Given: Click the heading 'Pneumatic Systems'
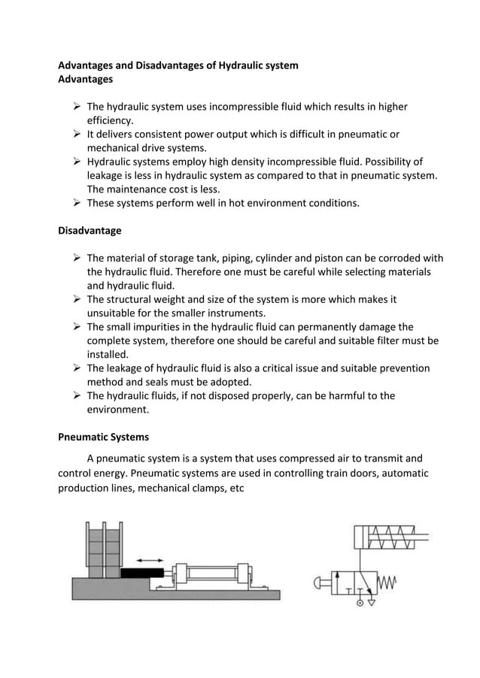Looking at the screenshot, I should pos(103,437).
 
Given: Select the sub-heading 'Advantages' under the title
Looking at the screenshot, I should pos(85,79).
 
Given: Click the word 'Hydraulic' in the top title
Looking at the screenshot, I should pos(240,65).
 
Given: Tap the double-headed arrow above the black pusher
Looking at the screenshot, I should pos(150,559).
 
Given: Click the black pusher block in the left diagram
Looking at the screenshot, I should pos(144,573).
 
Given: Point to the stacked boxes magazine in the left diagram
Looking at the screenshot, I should pos(103,549).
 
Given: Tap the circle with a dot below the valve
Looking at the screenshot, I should pos(359,601).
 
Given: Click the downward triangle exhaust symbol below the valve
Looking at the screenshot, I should pos(371,601).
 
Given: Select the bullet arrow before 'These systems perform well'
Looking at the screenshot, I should pos(76,202).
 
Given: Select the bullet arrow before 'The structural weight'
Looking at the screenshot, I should pos(76,299).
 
